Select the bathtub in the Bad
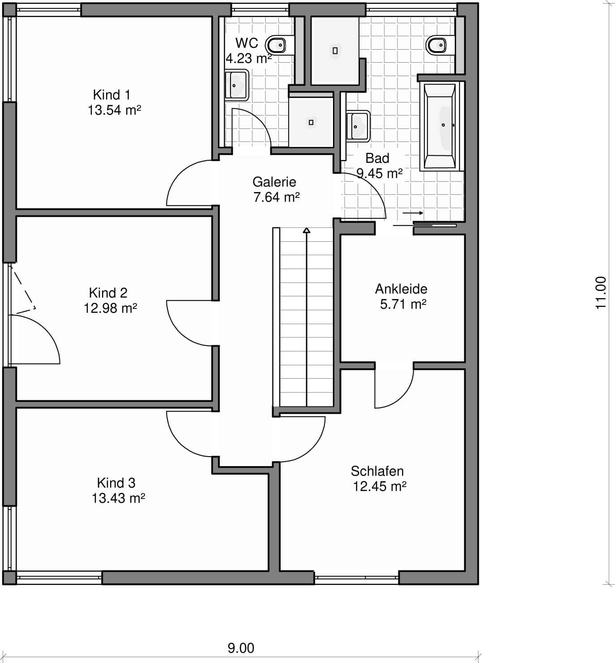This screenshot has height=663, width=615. pyautogui.click(x=440, y=126)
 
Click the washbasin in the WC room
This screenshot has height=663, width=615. pyautogui.click(x=236, y=85)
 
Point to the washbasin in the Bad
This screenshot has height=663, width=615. pyautogui.click(x=358, y=126)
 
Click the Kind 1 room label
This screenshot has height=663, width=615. pyautogui.click(x=111, y=95)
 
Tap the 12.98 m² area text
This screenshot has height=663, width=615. pyautogui.click(x=110, y=308)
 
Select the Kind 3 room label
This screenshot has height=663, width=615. pyautogui.click(x=116, y=483)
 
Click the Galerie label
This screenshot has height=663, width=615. pyautogui.click(x=274, y=182)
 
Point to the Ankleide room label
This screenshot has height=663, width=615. pyautogui.click(x=401, y=289)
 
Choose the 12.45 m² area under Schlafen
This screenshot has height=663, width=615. pyautogui.click(x=380, y=487)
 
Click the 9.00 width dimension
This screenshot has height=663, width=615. pyautogui.click(x=241, y=648)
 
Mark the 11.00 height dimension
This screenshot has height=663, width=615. pyautogui.click(x=601, y=293)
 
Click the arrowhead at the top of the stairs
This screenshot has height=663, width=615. pyautogui.click(x=307, y=231)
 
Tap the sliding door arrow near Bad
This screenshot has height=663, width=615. pyautogui.click(x=413, y=213)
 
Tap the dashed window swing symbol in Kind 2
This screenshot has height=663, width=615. pyautogui.click(x=23, y=290)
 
